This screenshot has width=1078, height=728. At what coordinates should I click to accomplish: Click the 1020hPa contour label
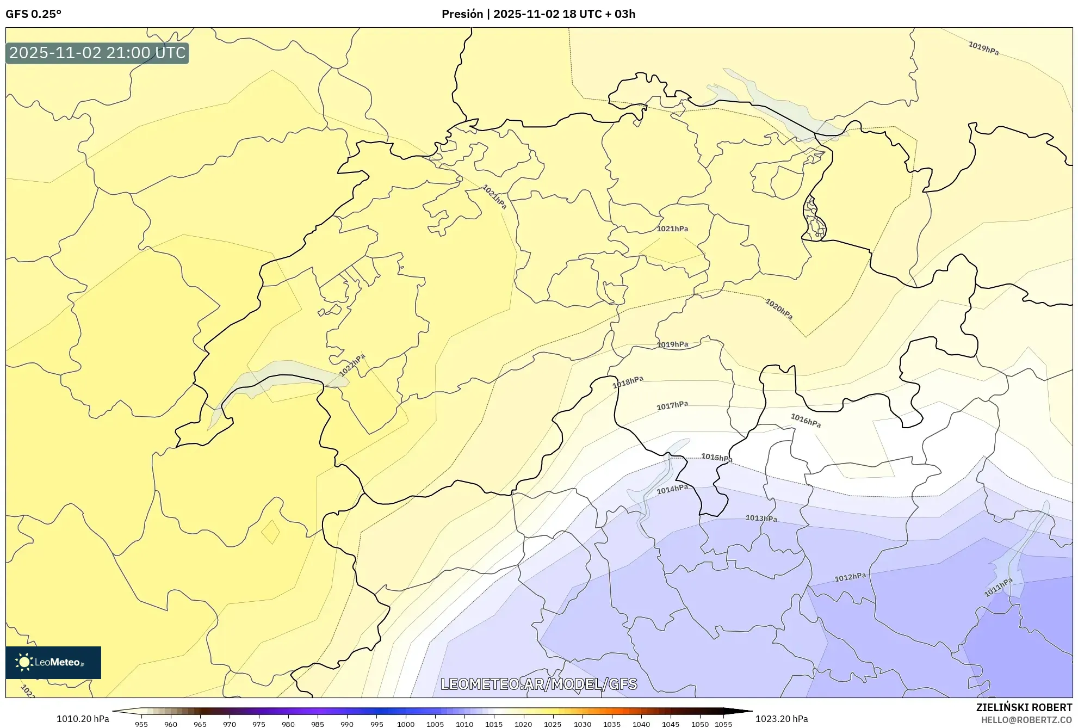coord(779,309)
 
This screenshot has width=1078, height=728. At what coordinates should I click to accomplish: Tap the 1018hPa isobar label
coord(628,382)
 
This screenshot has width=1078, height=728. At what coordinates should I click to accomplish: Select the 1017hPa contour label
coord(672,405)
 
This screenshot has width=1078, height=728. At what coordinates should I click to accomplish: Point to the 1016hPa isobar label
coord(806,420)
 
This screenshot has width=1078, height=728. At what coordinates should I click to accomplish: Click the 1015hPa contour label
coord(716,458)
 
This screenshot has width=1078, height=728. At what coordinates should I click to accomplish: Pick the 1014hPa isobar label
coord(672,489)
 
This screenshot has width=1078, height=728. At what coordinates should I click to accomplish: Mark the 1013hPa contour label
coord(761,519)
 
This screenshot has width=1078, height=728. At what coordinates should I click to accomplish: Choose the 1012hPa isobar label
coord(850,577)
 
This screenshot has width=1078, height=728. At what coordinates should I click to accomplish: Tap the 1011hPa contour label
coord(998,588)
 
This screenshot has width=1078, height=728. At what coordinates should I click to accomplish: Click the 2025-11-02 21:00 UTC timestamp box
coord(97,53)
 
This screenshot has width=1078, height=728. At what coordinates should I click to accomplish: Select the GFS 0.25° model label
coord(34,14)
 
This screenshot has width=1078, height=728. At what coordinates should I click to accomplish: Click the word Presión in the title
coord(462,14)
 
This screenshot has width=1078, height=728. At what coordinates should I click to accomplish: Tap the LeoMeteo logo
coord(53,662)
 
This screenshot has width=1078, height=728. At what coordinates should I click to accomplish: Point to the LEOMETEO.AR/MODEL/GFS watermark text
coord(538,684)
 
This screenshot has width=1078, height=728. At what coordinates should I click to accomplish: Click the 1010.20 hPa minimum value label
coord(83,719)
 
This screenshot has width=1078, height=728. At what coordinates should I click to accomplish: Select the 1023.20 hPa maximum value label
coord(782,719)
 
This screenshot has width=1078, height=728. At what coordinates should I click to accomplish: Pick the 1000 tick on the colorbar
coord(406,724)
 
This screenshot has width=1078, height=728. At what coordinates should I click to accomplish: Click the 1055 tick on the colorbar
coord(723,724)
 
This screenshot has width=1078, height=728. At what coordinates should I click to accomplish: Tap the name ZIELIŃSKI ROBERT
coord(1024,707)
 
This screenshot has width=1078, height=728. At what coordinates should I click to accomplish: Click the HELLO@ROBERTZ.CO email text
coord(1026,720)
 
